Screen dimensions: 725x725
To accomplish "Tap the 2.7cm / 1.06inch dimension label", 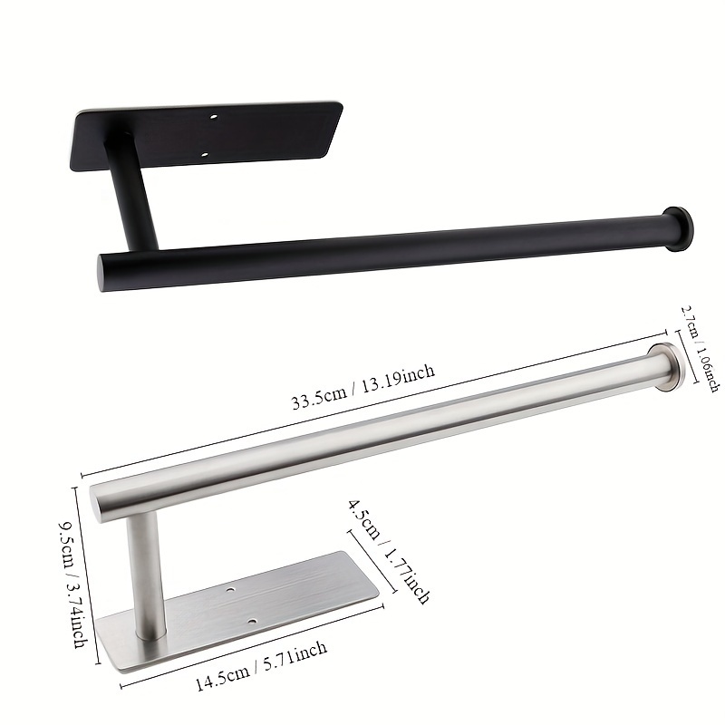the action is (699, 349).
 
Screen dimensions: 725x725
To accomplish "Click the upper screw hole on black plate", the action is (213, 118).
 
